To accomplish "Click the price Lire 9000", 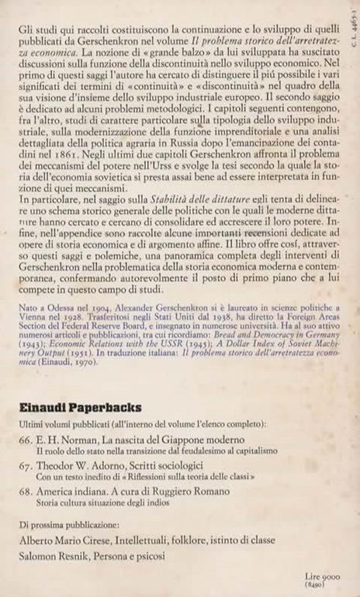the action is point(324,578).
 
